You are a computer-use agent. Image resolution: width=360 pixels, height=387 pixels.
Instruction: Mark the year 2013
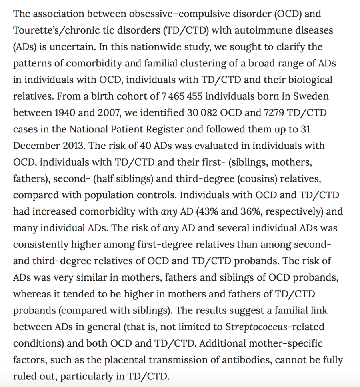point(74,146)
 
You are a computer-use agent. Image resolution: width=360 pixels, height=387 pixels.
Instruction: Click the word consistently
point(45,245)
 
